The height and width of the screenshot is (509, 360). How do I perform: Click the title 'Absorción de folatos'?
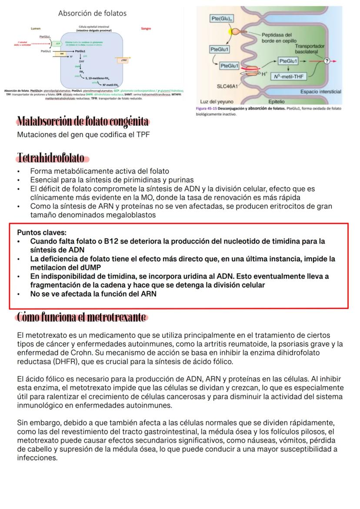pos(92,13)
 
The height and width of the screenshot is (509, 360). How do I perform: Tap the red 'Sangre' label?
pos(146,29)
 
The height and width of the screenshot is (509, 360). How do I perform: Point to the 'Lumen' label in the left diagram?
pos(36,29)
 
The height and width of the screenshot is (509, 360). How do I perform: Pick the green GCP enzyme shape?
pos(58,43)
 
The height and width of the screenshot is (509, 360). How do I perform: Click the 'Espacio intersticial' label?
pos(320,92)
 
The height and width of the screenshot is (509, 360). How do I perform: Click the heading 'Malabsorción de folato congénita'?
pos(83,121)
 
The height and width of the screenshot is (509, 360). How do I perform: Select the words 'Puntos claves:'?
pos(42,233)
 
